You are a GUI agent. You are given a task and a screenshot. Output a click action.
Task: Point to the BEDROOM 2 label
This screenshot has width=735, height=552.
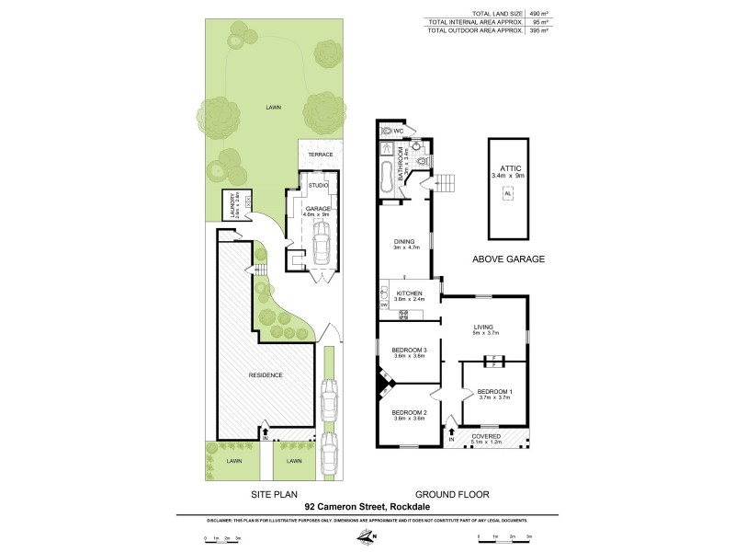pos(408,412)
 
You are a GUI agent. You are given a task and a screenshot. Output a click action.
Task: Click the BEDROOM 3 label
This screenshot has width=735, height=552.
pos(408,351)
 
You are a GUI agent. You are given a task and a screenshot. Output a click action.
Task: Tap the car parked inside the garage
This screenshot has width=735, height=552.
pos(321,246)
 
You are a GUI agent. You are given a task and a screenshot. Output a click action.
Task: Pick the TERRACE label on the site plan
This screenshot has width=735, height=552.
pos(320,154)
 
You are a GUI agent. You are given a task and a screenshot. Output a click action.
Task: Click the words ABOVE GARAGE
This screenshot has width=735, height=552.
pos(509,260)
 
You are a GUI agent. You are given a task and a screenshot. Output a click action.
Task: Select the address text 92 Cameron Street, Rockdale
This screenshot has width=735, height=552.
pos(367,505)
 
